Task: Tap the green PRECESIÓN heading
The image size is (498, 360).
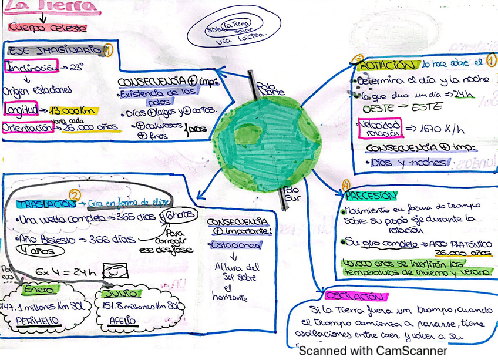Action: click(371, 195)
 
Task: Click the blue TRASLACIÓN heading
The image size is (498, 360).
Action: click(46, 204)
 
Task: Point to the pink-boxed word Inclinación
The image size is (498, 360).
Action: click(31, 67)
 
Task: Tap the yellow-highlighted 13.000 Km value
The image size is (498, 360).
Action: click(73, 110)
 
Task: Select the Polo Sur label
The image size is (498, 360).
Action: click(291, 194)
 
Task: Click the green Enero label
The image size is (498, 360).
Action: click(39, 290)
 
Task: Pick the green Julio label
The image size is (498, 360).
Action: click(120, 292)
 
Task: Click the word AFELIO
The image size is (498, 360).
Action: click(122, 321)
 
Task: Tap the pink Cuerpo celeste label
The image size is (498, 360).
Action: click(48, 27)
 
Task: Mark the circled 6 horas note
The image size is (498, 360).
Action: click(179, 216)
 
